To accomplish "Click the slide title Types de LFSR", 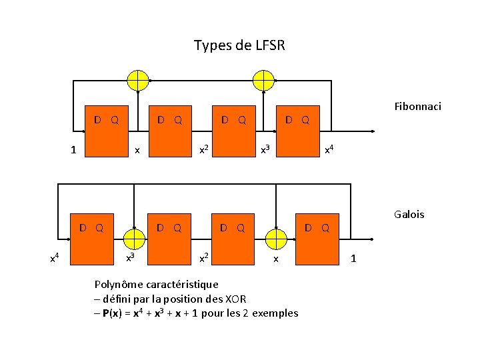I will (239, 46).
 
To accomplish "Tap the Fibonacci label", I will (417, 107).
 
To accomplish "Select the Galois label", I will (409, 215).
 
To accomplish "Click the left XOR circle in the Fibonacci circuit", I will (138, 80).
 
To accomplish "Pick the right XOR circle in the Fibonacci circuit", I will (264, 80).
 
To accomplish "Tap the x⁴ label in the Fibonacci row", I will (329, 151).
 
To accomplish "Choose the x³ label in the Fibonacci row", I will (265, 151).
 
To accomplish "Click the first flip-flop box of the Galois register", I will (91, 239).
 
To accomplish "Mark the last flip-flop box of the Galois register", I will (317, 239).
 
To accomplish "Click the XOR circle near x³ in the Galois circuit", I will (135, 238).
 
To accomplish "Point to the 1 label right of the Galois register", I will (353, 258).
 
